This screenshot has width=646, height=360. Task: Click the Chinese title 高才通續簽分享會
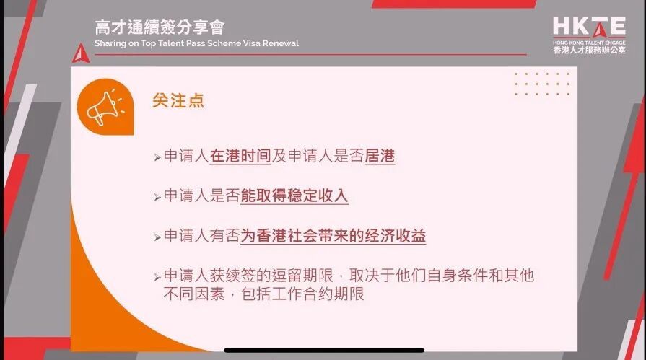tap(160, 27)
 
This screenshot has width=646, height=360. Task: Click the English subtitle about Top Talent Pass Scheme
tap(196, 43)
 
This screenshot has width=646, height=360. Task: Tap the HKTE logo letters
tap(589, 27)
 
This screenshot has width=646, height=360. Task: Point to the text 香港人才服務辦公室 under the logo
tap(589, 51)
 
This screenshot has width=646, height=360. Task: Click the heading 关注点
tap(178, 101)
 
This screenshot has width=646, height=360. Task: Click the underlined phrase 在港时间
tap(240, 156)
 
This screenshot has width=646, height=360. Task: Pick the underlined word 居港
tap(380, 156)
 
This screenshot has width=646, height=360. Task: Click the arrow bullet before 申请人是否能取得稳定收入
tap(157, 197)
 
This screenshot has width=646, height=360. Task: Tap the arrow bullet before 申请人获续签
tap(157, 278)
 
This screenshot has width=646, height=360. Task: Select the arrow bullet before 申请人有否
tap(157, 237)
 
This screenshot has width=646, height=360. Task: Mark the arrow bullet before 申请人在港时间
tap(157, 157)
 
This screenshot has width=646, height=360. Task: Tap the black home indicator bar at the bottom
tap(323, 351)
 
